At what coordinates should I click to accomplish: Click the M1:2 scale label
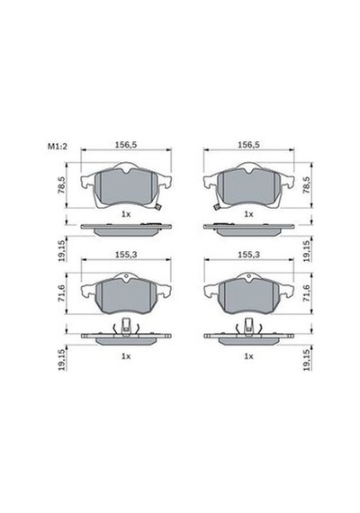point(58,146)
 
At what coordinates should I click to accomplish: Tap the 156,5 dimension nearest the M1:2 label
point(126,145)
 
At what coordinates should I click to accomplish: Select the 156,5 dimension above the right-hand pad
point(248,145)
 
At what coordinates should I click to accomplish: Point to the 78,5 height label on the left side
point(61,185)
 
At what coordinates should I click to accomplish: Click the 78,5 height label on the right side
point(306,185)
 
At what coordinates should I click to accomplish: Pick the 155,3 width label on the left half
point(126,254)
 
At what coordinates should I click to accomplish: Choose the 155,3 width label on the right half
point(248,254)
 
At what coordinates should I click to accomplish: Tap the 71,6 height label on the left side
point(61,293)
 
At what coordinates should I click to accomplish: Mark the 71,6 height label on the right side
point(306,293)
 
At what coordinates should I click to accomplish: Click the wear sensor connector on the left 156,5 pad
point(158,207)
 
